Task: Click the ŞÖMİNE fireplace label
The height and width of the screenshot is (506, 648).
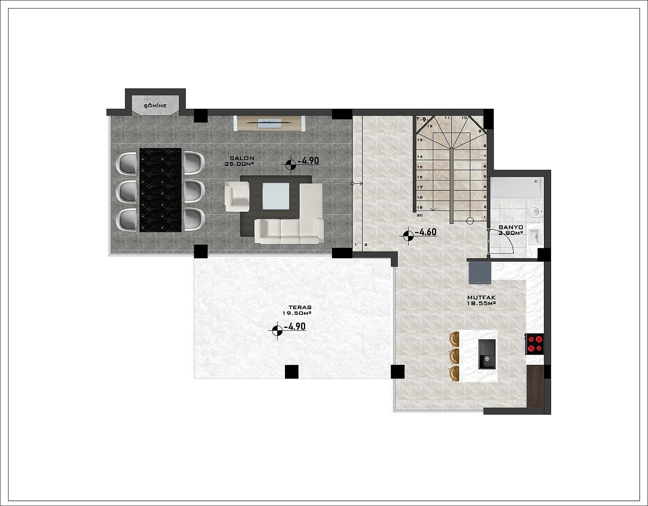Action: click(x=155, y=106)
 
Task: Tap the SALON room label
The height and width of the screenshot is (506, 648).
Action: click(x=242, y=158)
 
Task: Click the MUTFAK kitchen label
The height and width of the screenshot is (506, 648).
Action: click(x=481, y=297)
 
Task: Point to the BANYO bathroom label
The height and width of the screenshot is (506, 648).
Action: click(x=511, y=227)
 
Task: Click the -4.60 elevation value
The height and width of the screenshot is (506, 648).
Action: click(x=426, y=232)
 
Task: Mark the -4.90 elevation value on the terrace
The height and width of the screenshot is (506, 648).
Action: click(x=295, y=326)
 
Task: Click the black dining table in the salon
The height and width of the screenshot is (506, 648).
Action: click(x=160, y=190)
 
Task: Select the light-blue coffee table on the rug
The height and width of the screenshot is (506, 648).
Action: click(x=276, y=196)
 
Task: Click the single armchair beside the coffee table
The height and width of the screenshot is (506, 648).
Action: click(x=237, y=196)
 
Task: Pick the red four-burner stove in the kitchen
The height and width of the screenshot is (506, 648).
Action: click(x=535, y=344)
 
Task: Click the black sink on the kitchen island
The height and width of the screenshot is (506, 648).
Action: click(x=487, y=354)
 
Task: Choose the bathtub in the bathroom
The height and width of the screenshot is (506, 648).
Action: click(x=517, y=187)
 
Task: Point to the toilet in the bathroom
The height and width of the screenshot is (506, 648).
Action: click(x=534, y=212)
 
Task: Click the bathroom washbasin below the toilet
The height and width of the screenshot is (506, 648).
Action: click(x=535, y=238)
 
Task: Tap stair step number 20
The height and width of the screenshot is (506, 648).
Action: click(x=419, y=215)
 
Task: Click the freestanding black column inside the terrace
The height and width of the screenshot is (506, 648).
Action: click(x=292, y=372)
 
